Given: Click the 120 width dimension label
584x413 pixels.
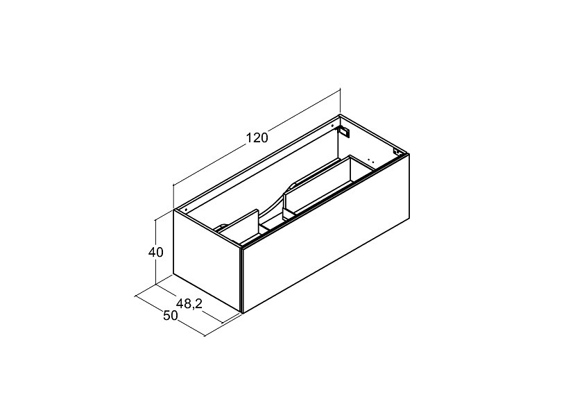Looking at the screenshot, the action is coord(257,138).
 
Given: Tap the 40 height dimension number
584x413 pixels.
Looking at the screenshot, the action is coord(155,253).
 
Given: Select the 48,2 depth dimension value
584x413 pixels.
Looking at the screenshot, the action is coord(189,304).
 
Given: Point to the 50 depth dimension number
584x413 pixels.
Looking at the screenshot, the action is coord(171,316).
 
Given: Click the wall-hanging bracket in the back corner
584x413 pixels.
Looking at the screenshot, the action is coord(344,131).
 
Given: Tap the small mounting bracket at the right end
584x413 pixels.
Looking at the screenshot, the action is coord(396,152).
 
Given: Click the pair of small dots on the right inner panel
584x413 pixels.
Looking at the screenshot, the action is coord(370,160).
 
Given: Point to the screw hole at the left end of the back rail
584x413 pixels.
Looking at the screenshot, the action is coord(185,210).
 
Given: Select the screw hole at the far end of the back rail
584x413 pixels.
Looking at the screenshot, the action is coord(333,126).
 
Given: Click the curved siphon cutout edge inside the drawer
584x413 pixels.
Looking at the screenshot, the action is coord(276,201).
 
